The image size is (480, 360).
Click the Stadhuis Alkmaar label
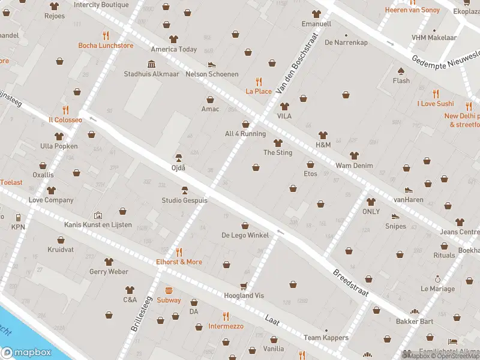[151, 74]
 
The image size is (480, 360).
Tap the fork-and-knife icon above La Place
[259, 81]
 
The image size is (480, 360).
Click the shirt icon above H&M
[323, 135]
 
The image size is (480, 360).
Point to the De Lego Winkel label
[245, 235]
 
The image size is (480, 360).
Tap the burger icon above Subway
[169, 290]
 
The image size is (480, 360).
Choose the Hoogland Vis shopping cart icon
[244, 286]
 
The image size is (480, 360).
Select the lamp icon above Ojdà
[178, 157]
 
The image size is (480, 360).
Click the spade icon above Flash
[401, 70]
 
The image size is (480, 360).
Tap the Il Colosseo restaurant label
[65, 119]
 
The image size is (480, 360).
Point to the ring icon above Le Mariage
[437, 278]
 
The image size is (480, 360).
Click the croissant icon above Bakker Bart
[414, 311]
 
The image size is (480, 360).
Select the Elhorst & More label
[179, 262]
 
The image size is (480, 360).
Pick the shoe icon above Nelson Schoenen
[211, 64]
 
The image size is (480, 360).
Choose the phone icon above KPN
[18, 217]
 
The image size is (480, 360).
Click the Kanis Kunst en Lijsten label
[98, 224]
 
